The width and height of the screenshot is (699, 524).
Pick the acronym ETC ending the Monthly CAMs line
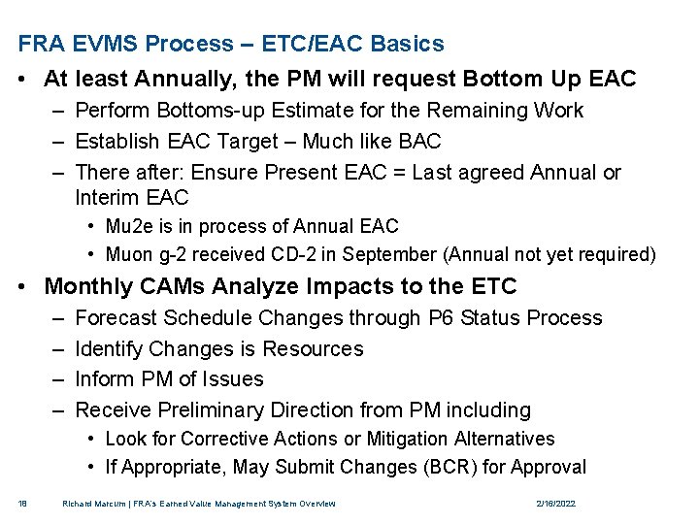coord(493,286)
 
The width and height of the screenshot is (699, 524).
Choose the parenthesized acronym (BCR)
coord(450,467)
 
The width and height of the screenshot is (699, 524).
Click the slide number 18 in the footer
coord(22,504)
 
